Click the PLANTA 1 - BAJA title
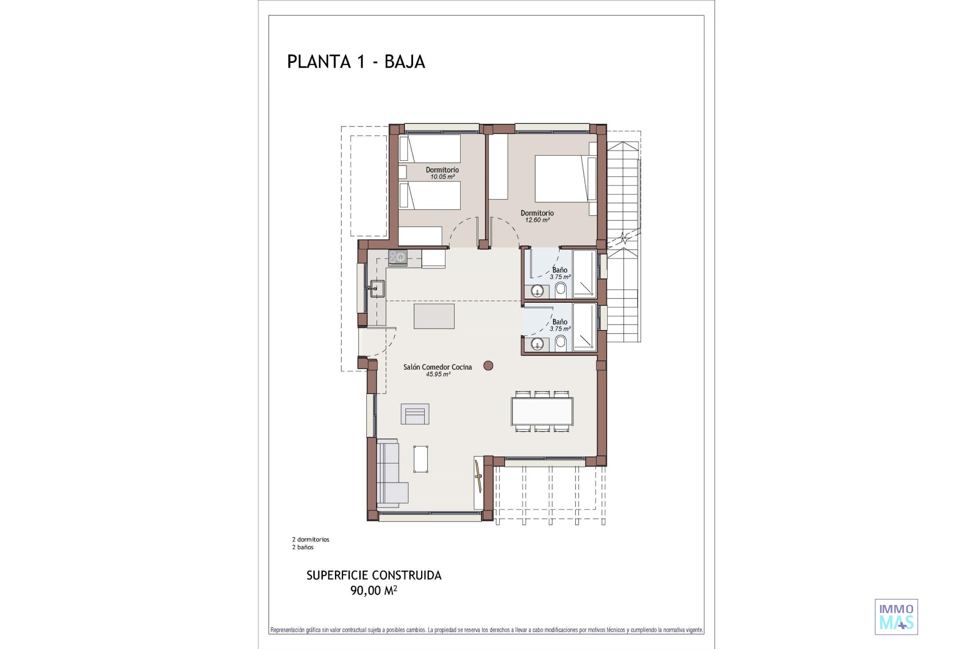[x=356, y=61]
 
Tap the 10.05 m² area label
[x=442, y=177]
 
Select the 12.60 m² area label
[x=537, y=220]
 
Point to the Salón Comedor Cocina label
[x=437, y=367]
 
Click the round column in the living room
[x=488, y=366]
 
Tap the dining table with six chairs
[x=542, y=411]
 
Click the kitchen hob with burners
[x=397, y=258]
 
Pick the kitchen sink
[x=377, y=289]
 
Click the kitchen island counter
[x=434, y=316]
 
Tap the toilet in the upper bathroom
[x=560, y=290]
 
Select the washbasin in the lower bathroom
[x=537, y=344]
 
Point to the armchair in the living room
[x=415, y=414]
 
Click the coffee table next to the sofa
[x=421, y=459]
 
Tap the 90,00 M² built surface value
[x=373, y=590]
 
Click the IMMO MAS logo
[x=896, y=617]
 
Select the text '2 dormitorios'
[x=311, y=539]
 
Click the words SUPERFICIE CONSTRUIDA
[x=374, y=575]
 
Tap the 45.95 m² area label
[x=438, y=374]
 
